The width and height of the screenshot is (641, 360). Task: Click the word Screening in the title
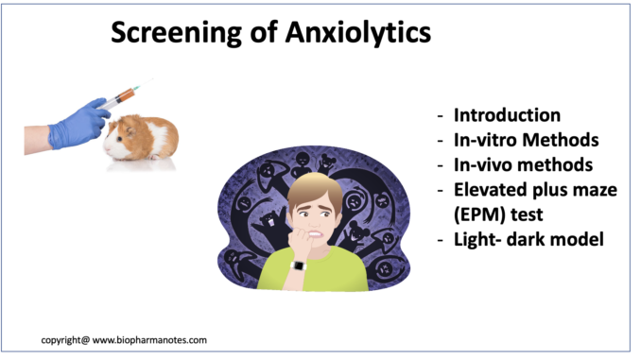click(177, 33)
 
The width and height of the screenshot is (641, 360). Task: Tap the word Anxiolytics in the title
click(358, 33)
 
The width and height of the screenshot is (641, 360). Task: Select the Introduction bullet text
click(507, 115)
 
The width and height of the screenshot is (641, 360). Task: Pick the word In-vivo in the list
click(483, 165)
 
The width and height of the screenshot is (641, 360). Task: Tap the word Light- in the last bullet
click(477, 239)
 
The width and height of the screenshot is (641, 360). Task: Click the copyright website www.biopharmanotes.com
click(149, 340)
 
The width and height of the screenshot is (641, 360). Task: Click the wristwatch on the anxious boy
click(299, 266)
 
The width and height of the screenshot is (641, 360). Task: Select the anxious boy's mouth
click(316, 234)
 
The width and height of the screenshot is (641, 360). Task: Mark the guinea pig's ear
click(130, 130)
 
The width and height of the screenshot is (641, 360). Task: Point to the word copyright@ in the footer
click(65, 340)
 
